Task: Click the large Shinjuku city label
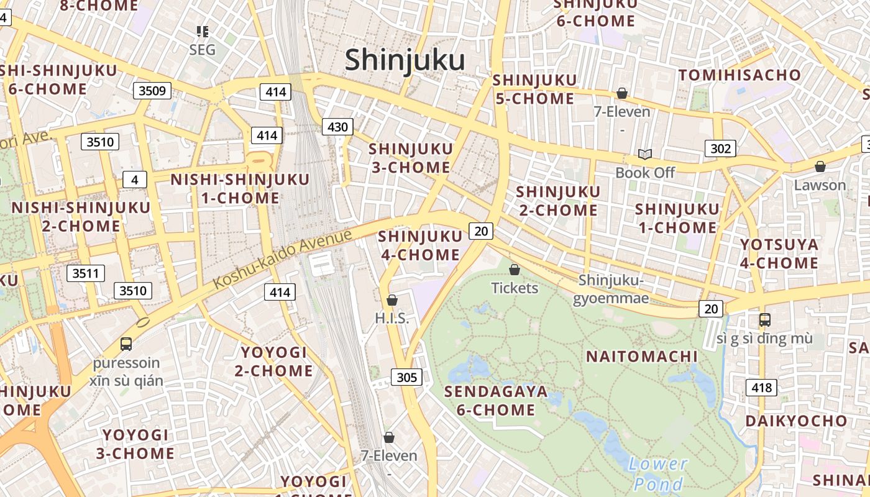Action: (x=405, y=61)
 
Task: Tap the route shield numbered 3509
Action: (x=152, y=91)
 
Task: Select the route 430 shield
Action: (x=337, y=127)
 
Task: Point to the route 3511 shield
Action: (x=86, y=273)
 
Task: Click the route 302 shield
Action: (x=720, y=148)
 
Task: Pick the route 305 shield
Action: (x=406, y=377)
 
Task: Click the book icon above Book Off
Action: (x=645, y=154)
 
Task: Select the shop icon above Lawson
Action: (x=820, y=166)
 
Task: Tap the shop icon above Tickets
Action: (x=515, y=270)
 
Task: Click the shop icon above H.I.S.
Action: (x=392, y=301)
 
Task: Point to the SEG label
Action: (x=202, y=50)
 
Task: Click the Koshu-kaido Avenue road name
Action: (x=283, y=258)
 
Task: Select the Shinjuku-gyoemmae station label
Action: (x=613, y=290)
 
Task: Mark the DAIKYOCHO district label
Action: (x=796, y=421)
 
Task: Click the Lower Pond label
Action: (x=658, y=473)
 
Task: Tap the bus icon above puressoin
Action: (x=126, y=344)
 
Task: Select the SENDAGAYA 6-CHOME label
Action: (x=496, y=401)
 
